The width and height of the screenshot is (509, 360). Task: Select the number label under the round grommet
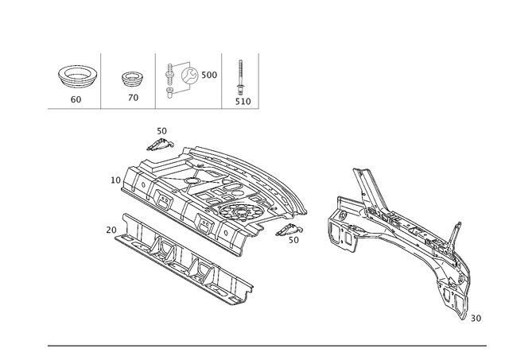click(76, 100)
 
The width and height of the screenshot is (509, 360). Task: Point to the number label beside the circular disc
click(212, 74)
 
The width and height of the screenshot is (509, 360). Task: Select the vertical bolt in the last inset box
click(239, 79)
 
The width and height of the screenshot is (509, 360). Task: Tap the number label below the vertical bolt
click(245, 102)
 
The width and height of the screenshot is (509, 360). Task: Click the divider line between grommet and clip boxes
click(102, 80)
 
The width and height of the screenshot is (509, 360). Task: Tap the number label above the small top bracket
click(161, 130)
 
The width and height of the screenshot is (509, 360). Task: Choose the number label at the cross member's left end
click(110, 229)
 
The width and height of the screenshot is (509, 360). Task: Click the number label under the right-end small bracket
click(293, 240)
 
